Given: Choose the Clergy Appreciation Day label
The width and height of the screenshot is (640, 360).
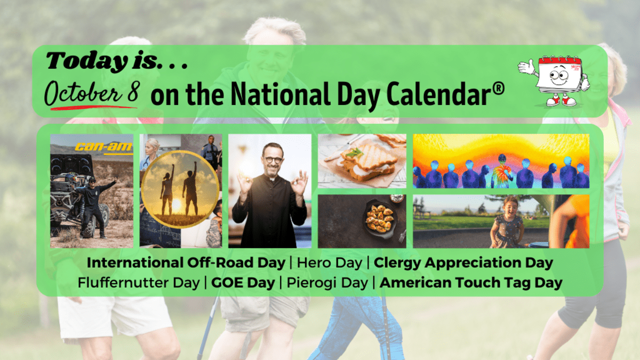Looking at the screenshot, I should (463, 263).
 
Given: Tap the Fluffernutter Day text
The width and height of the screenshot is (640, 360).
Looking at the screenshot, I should (139, 283).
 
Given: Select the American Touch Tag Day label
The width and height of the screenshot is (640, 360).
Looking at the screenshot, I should (471, 283).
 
